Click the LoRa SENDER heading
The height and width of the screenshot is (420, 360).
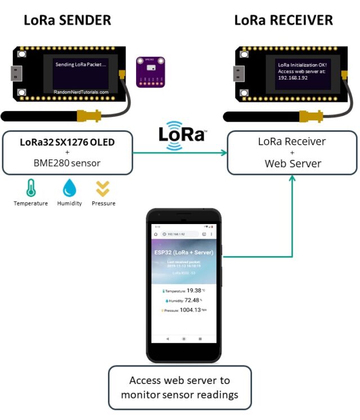(67, 20)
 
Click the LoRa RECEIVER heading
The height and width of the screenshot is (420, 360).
(283, 20)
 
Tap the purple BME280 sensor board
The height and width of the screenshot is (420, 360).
(150, 72)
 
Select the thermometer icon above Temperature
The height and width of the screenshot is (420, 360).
(31, 187)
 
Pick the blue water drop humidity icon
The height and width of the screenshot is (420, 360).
(69, 187)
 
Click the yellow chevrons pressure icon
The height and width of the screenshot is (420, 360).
(103, 188)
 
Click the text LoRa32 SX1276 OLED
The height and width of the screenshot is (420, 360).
(67, 142)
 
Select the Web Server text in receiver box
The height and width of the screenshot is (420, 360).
(292, 164)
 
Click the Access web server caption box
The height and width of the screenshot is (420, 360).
(179, 387)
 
